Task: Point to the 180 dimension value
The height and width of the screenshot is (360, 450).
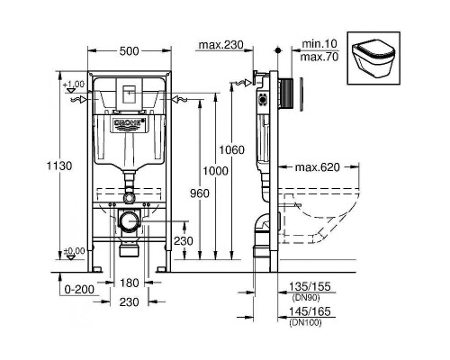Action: [131, 283]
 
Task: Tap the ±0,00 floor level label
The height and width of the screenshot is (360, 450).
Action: [74, 251]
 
